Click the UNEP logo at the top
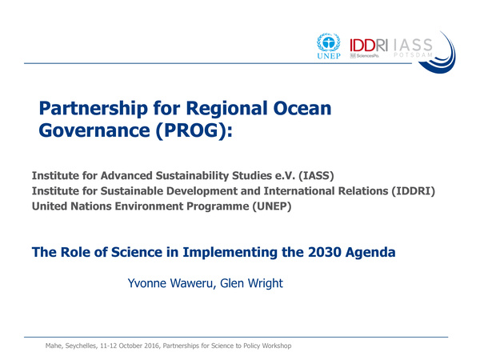(x=330, y=47)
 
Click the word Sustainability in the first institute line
(x=202, y=175)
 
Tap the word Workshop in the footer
(x=271, y=345)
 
